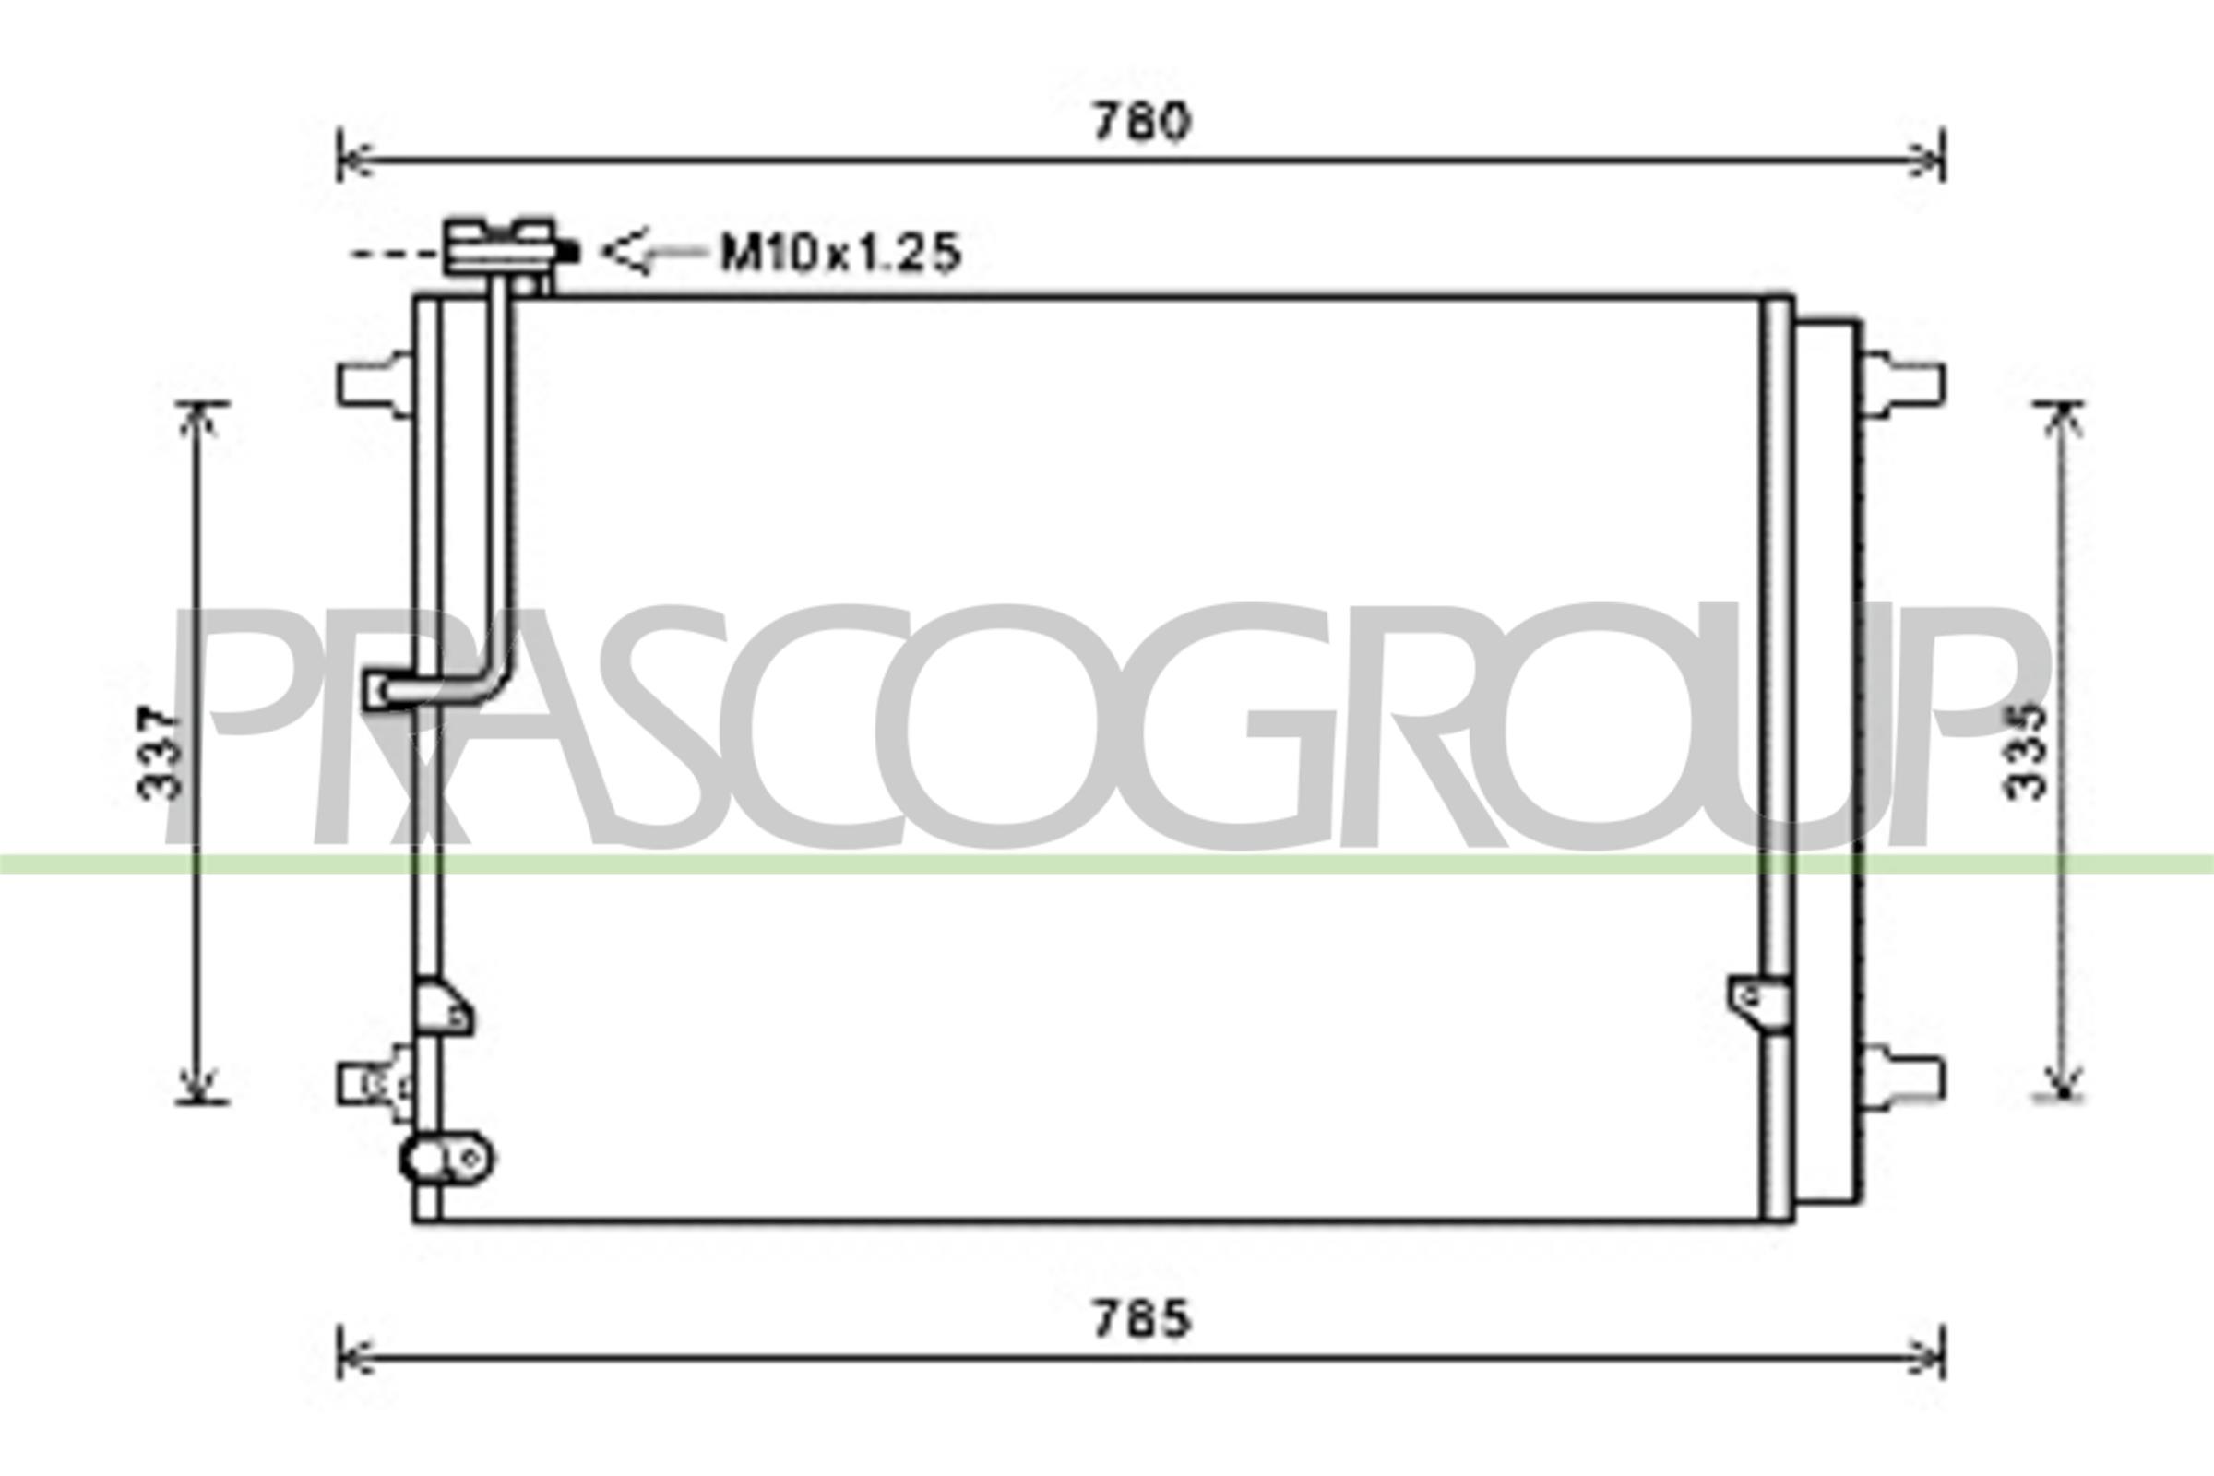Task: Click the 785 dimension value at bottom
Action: [1142, 1320]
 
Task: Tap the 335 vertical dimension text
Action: [2024, 751]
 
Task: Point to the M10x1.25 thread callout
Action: [839, 252]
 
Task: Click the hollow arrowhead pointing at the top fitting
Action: [627, 251]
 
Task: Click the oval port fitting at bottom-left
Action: [447, 1158]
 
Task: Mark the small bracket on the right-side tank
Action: [1757, 1003]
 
